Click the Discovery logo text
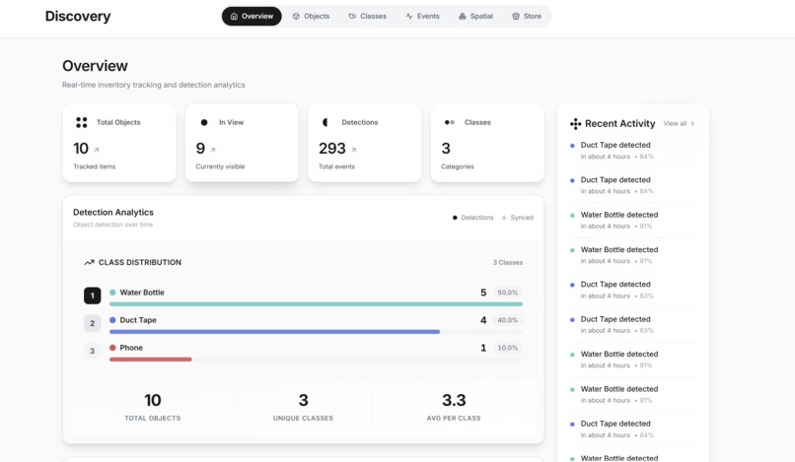78,17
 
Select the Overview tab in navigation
252,16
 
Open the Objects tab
311,16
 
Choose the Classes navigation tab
367,16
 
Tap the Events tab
422,16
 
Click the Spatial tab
475,16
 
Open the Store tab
527,16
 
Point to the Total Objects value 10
81,149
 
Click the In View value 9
200,149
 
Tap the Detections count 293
332,149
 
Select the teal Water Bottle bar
316,304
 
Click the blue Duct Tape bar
274,332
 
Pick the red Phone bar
151,360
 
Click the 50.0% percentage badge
507,293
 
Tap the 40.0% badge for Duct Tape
507,320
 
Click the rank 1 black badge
92,296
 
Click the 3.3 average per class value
454,400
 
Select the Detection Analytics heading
113,212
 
